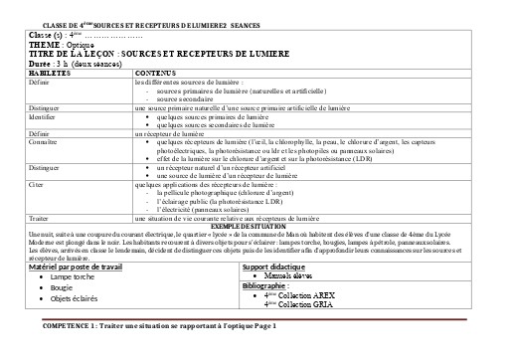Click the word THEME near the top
pos(45,45)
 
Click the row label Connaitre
pos(43,141)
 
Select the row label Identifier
pos(43,116)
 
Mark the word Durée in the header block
pos(42,61)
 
